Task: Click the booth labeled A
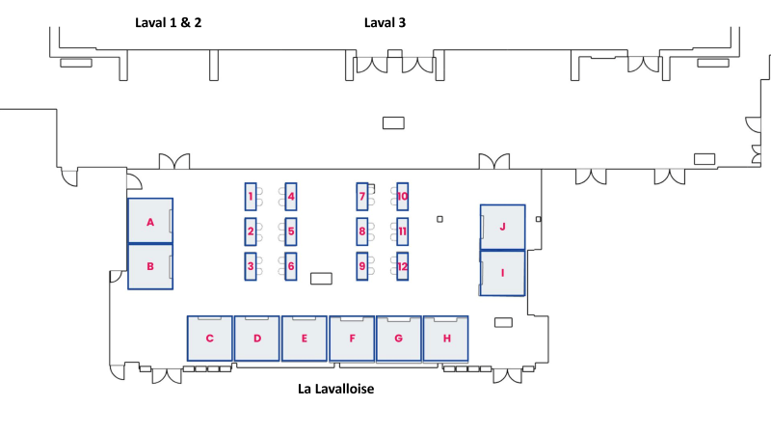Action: pyautogui.click(x=150, y=222)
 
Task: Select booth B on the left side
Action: pyautogui.click(x=150, y=265)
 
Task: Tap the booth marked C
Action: pyautogui.click(x=209, y=339)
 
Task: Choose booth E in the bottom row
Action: pyautogui.click(x=305, y=339)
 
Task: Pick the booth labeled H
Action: pyautogui.click(x=446, y=339)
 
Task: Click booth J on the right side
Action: pyautogui.click(x=502, y=227)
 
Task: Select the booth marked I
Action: pyautogui.click(x=502, y=273)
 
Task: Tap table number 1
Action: pyautogui.click(x=251, y=197)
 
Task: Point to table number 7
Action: pyautogui.click(x=362, y=197)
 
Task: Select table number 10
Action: pyautogui.click(x=403, y=197)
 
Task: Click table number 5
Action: pyautogui.click(x=291, y=231)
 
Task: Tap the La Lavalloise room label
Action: pyautogui.click(x=334, y=390)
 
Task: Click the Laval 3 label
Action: pyautogui.click(x=385, y=22)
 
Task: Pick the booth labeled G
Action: pyautogui.click(x=399, y=339)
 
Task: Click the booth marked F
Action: pyautogui.click(x=352, y=339)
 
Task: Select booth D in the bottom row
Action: pyautogui.click(x=257, y=339)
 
